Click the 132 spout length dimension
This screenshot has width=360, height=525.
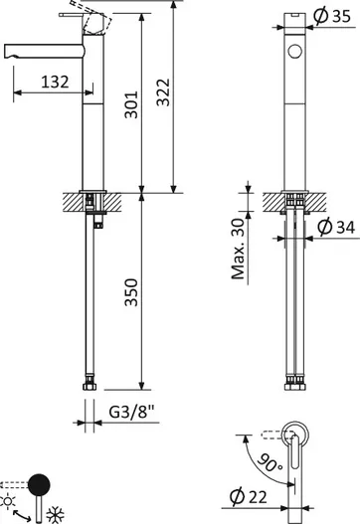(55, 82)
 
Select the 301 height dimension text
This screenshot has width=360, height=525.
(131, 104)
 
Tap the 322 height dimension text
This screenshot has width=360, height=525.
(163, 92)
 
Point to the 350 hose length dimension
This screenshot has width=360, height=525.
(131, 292)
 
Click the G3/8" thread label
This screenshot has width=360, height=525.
(132, 412)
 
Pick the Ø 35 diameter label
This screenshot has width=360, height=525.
(332, 16)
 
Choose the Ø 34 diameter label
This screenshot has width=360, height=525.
(336, 228)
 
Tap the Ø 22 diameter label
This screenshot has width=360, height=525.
(249, 497)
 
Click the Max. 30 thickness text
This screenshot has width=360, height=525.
(238, 249)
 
